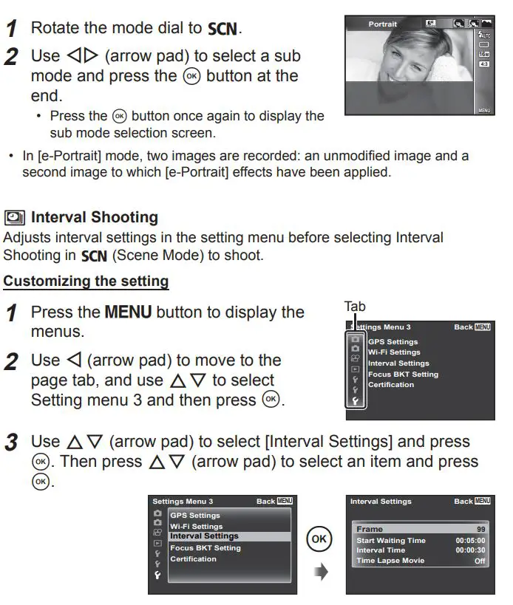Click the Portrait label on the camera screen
click(x=383, y=24)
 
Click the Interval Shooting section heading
click(x=95, y=217)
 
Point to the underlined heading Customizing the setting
click(x=86, y=281)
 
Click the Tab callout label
click(x=356, y=307)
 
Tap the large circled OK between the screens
click(x=318, y=539)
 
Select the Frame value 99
click(x=480, y=530)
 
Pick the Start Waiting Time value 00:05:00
click(x=471, y=540)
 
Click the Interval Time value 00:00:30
click(x=471, y=550)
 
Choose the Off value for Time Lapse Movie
click(x=480, y=561)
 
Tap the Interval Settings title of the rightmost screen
click(x=381, y=501)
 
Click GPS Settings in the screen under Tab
click(x=393, y=342)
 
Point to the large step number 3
click(x=12, y=442)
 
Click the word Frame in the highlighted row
click(x=370, y=530)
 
